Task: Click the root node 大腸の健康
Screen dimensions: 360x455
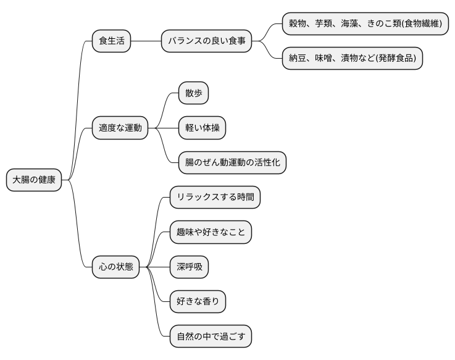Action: [34, 180]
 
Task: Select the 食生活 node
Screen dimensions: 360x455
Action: [111, 41]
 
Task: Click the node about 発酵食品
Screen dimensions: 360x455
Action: [352, 58]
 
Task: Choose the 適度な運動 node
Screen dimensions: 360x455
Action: [120, 128]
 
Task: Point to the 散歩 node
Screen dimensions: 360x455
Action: [193, 94]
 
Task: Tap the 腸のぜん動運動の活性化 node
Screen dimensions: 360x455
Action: [232, 163]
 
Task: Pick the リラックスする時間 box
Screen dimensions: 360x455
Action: [215, 198]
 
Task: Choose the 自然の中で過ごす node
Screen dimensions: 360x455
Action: [211, 337]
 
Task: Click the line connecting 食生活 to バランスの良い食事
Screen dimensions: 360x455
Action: [146, 41]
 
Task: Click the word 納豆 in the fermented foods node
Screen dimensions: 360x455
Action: [298, 59]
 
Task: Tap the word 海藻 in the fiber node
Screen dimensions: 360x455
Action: [353, 24]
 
